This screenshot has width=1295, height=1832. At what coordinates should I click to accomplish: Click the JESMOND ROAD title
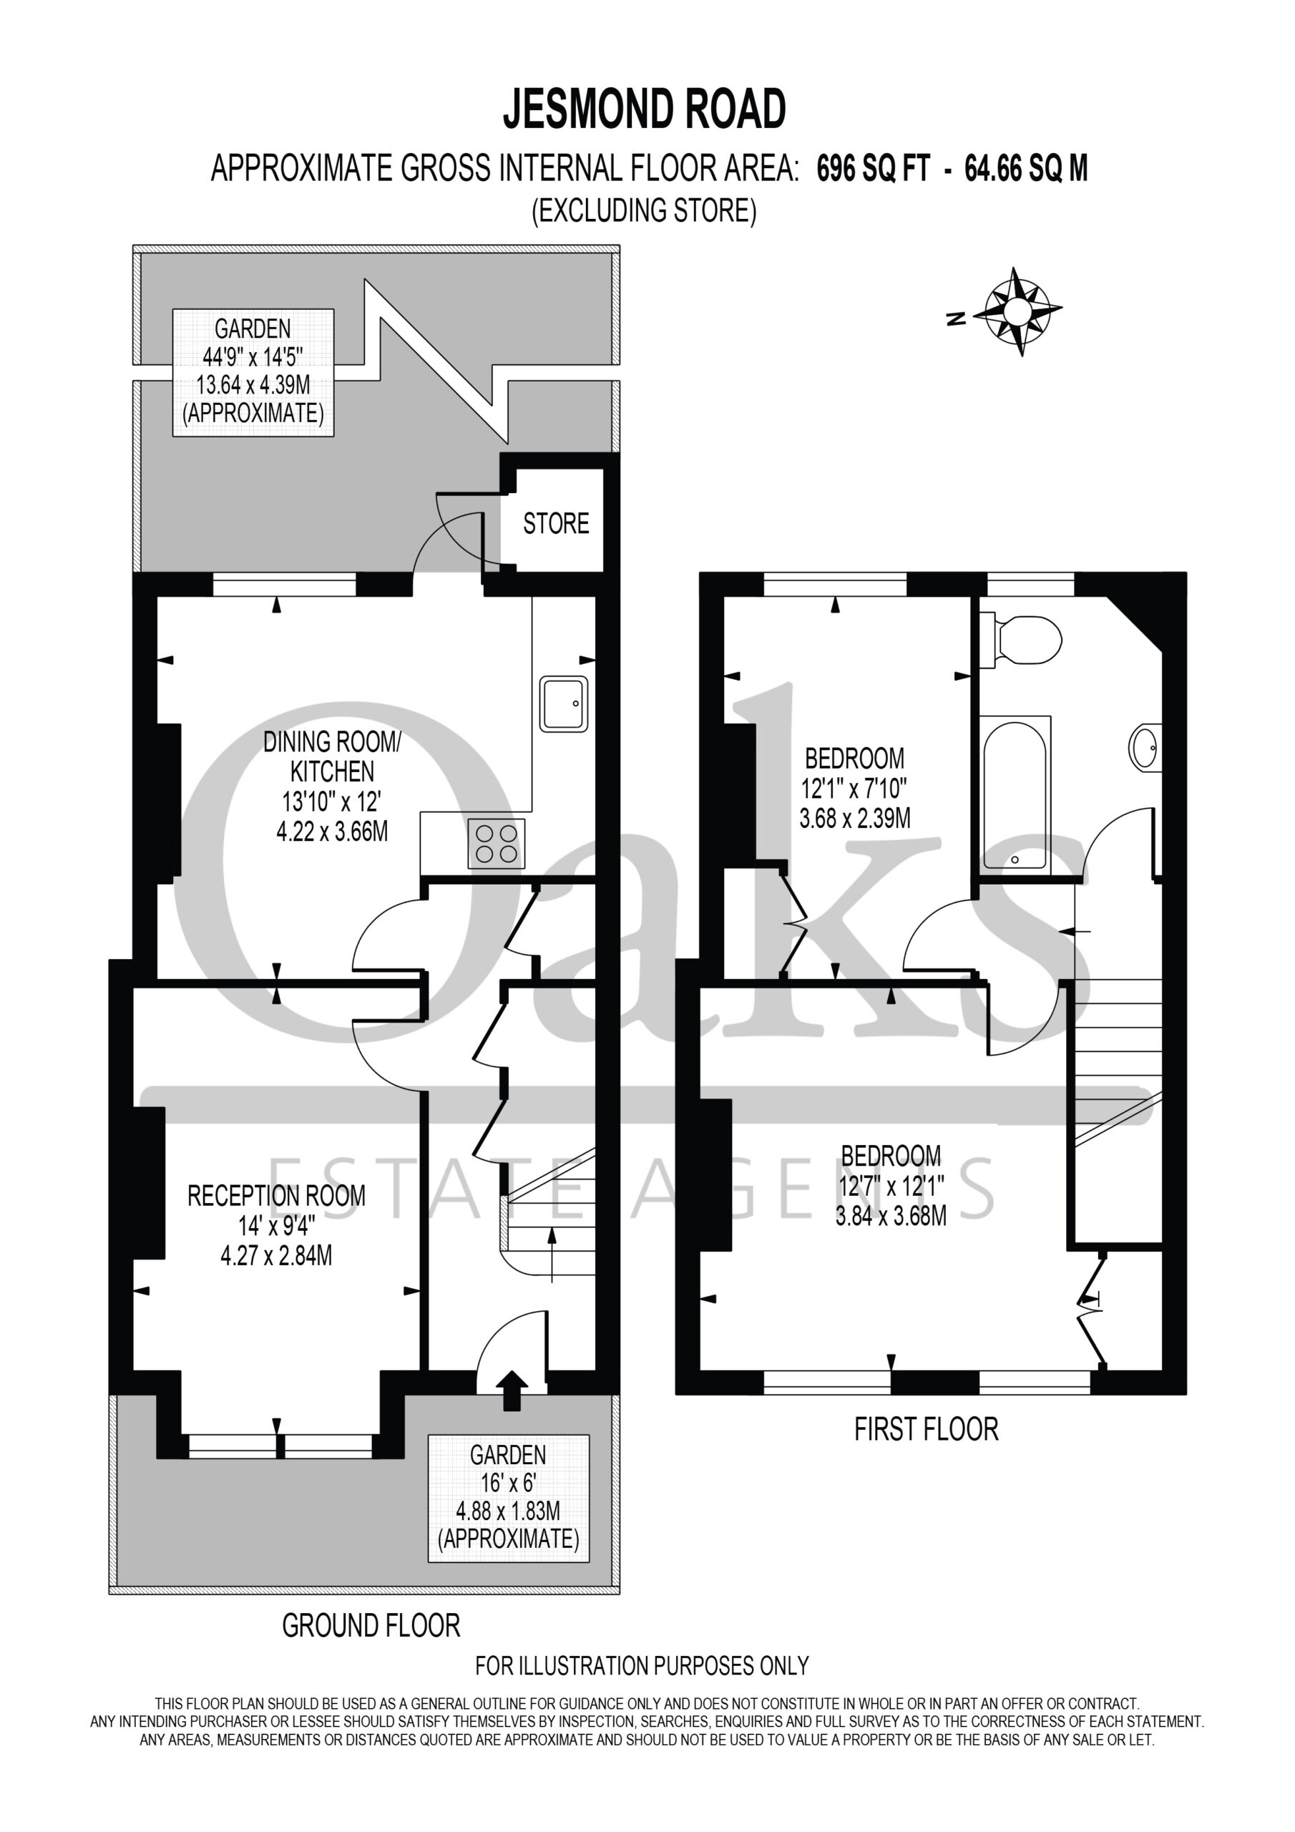pos(644,109)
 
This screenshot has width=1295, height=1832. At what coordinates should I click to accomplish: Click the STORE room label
pos(556,523)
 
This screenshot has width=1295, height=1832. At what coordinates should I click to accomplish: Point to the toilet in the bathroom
pos(1020,640)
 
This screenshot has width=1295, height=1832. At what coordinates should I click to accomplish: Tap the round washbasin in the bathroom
pos(1145,748)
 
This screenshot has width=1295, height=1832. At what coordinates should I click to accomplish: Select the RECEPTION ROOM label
pos(276,1195)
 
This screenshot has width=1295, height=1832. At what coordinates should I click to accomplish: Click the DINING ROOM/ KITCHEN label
pos(332,756)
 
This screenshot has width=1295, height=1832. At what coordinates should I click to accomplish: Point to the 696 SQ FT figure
pos(873,168)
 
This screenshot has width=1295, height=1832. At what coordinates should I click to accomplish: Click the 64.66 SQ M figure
pos(1026,168)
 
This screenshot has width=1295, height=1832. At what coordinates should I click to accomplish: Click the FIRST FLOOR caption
pos(927,1429)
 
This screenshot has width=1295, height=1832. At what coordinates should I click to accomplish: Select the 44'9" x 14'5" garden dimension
pos(253,356)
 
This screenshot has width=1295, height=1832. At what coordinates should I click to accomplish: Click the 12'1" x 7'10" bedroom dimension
pos(854,789)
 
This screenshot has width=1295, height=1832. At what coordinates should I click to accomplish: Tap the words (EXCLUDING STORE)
pos(644,210)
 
